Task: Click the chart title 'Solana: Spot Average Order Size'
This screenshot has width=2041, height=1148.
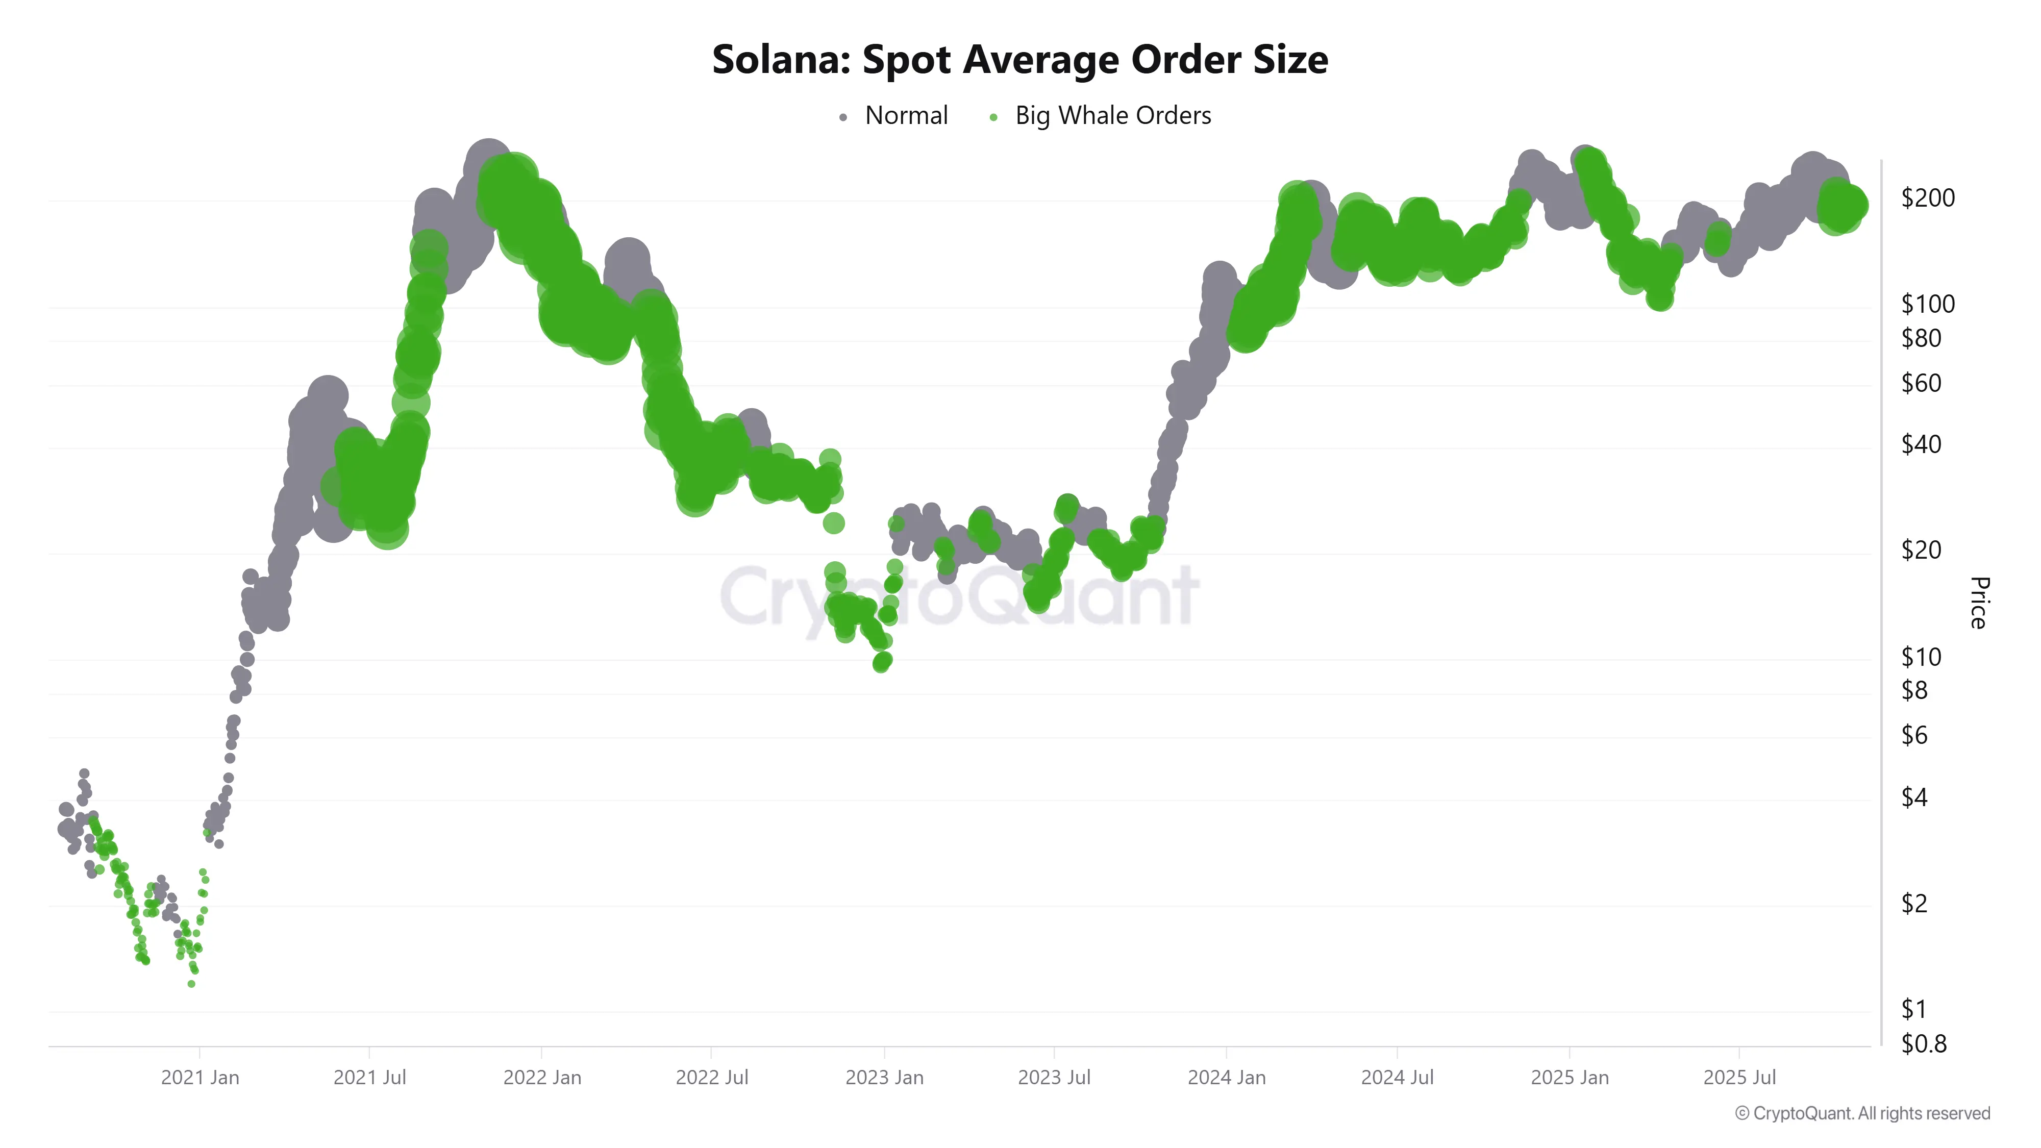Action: pyautogui.click(x=1019, y=59)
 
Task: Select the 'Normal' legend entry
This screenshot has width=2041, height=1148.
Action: pyautogui.click(x=906, y=116)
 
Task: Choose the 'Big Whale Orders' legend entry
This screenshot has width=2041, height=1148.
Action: pyautogui.click(x=1112, y=116)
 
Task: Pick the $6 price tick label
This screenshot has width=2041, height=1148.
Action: pyautogui.click(x=1914, y=735)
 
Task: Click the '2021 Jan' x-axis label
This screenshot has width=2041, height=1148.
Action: pyautogui.click(x=200, y=1078)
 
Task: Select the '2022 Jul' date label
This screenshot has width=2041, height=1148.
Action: pyautogui.click(x=711, y=1078)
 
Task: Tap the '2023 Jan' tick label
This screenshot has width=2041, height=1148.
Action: pyautogui.click(x=884, y=1078)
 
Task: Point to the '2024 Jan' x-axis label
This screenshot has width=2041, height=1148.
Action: pyautogui.click(x=1227, y=1078)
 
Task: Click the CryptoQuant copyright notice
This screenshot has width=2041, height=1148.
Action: pyautogui.click(x=1862, y=1113)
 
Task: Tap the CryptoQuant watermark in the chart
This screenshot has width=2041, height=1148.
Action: pyautogui.click(x=959, y=596)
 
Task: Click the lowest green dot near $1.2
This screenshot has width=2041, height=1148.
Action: pyautogui.click(x=191, y=984)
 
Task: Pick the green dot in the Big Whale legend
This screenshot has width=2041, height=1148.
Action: pyautogui.click(x=993, y=117)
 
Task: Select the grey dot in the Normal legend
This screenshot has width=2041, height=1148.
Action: pyautogui.click(x=843, y=117)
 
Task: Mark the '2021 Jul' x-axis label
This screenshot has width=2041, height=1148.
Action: pyautogui.click(x=369, y=1078)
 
